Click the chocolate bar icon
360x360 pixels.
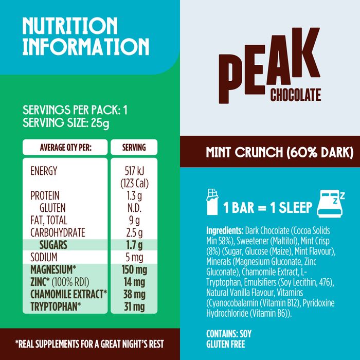click(212, 202)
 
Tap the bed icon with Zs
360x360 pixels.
click(331, 204)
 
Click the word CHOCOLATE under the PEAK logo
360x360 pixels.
click(296, 95)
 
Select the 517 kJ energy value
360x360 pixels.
click(134, 171)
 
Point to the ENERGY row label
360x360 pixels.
click(44, 171)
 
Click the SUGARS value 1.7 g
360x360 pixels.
click(134, 245)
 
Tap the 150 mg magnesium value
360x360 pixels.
click(134, 270)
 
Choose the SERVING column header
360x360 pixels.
click(134, 148)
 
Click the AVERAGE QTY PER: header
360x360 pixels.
click(66, 148)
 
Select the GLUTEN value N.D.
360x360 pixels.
click(134, 208)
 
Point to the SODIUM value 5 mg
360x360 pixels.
click(134, 257)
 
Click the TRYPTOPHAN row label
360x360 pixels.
click(56, 307)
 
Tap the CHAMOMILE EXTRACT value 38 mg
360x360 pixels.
click(134, 294)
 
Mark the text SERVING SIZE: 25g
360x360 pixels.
click(66, 123)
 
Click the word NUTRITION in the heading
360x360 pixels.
click(70, 26)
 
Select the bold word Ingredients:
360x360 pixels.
click(225, 230)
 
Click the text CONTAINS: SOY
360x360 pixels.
click(229, 334)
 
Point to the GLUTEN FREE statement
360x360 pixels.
click(226, 344)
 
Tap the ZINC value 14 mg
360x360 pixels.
click(134, 282)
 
